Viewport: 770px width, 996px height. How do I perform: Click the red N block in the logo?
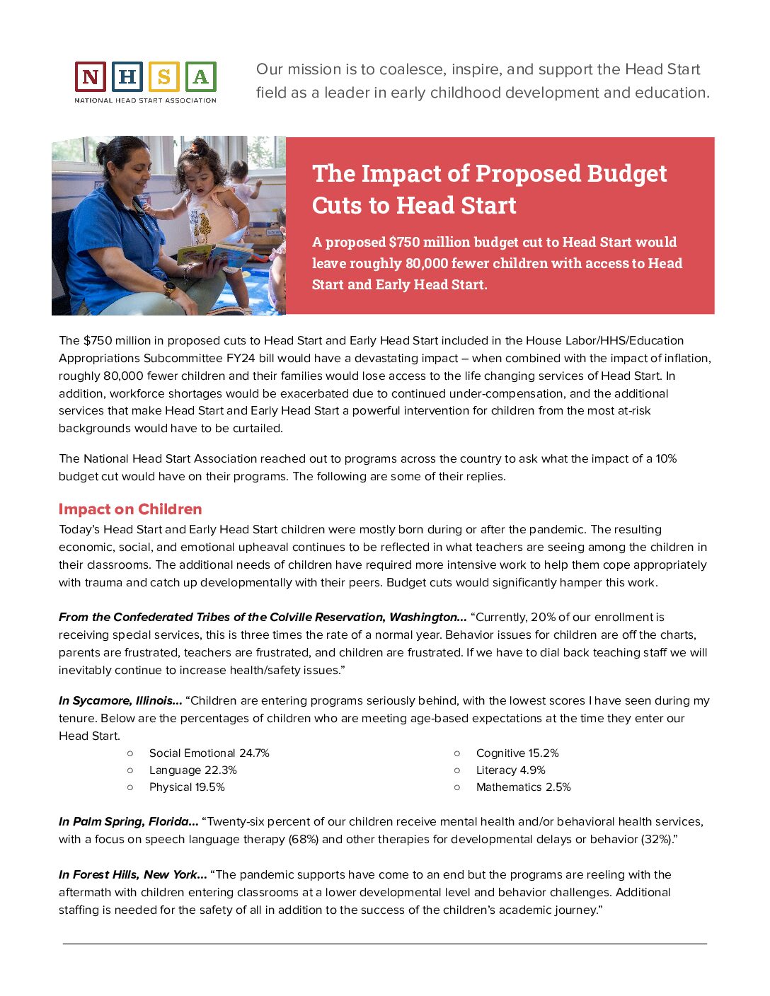pyautogui.click(x=91, y=76)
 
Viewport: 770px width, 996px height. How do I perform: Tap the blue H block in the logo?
pyautogui.click(x=127, y=76)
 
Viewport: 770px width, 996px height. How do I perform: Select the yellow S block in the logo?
pyautogui.click(x=164, y=76)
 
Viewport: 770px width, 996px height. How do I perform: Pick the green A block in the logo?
pyautogui.click(x=200, y=76)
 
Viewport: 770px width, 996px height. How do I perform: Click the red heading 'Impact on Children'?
pyautogui.click(x=130, y=509)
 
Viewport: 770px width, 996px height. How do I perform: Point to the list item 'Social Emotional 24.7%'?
pyautogui.click(x=209, y=753)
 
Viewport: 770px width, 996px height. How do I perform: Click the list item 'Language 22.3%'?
pyautogui.click(x=192, y=770)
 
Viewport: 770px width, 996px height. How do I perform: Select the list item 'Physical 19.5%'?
pyautogui.click(x=187, y=787)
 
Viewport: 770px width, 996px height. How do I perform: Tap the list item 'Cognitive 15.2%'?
pyautogui.click(x=517, y=753)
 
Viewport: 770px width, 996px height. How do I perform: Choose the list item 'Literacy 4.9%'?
pyautogui.click(x=510, y=770)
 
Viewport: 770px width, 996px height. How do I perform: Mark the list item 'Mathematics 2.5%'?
pyautogui.click(x=523, y=787)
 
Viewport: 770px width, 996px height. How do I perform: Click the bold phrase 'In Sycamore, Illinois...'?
pyautogui.click(x=120, y=701)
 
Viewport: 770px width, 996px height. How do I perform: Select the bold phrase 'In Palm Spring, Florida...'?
pyautogui.click(x=128, y=822)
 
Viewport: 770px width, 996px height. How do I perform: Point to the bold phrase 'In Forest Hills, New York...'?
pyautogui.click(x=132, y=875)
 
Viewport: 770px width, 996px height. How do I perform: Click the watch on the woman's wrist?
pyautogui.click(x=170, y=288)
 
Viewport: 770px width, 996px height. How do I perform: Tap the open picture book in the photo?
pyautogui.click(x=216, y=253)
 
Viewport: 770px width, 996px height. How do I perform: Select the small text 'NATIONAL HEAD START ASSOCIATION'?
pyautogui.click(x=146, y=100)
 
